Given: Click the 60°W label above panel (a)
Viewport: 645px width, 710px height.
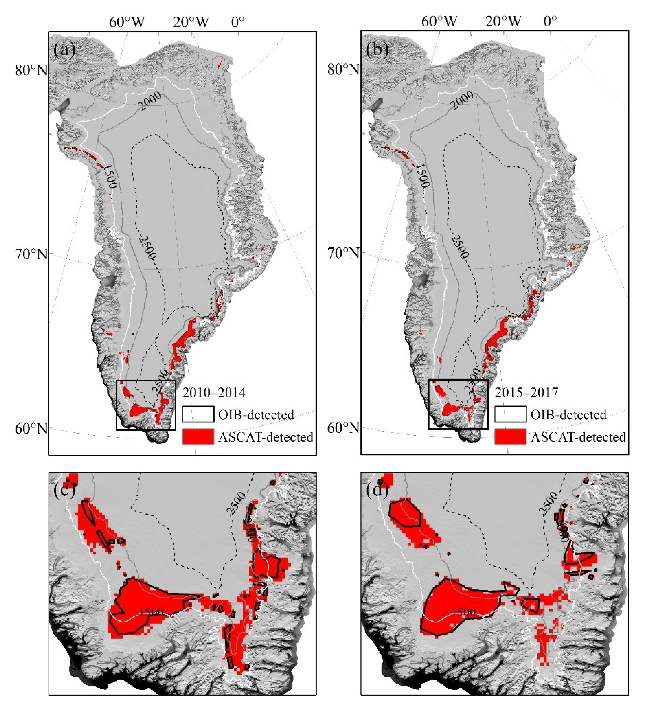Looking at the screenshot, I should click(127, 22).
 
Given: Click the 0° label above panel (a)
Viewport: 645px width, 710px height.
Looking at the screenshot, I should click(238, 22).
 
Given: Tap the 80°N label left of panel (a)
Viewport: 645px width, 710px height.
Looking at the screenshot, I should click(31, 70).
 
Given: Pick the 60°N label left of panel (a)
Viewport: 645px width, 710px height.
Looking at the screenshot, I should click(31, 428).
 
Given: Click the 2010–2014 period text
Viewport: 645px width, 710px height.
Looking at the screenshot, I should click(214, 392).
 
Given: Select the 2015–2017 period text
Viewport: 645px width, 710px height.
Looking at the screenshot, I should click(526, 392).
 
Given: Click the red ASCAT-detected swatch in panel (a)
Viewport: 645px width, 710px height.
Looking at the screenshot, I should click(198, 437).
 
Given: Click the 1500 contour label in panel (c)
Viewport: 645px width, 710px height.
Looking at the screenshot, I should click(151, 612).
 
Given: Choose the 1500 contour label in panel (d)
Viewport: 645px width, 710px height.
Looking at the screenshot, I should click(463, 612).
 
